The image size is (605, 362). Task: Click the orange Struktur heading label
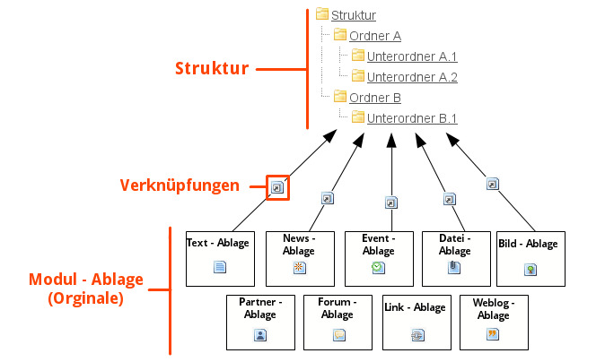coord(212,69)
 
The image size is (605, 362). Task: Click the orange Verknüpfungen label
coord(180,186)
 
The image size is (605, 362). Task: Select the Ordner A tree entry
coord(374,36)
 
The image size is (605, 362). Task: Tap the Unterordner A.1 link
coord(412,56)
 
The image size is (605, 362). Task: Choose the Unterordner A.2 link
coord(412,77)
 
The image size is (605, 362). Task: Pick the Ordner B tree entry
coord(374,98)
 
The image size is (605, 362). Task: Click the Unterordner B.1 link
coord(412,118)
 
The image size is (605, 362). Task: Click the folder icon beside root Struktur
coord(322,14)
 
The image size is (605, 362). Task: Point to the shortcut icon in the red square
coord(278,188)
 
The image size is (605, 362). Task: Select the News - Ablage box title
coord(299,245)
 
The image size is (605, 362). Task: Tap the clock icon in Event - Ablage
coord(378,268)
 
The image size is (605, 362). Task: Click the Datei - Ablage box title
coord(455,245)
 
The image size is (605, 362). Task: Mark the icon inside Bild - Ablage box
coord(530,268)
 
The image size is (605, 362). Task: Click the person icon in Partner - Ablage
coord(260,335)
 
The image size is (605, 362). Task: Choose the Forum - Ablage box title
coord(338,308)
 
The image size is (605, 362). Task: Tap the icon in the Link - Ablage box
coord(416,335)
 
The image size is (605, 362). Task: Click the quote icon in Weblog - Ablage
coord(492,334)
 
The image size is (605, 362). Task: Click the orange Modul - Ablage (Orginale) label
coord(85,289)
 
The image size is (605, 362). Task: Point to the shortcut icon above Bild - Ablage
coord(492,184)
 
